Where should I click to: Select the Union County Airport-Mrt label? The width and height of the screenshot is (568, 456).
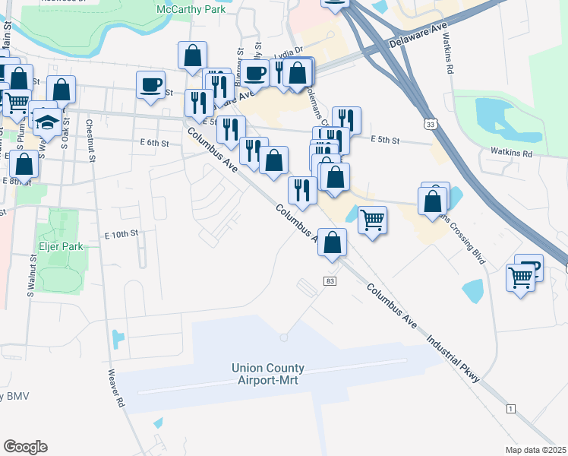(272, 374)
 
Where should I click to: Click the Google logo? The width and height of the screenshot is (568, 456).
(25, 447)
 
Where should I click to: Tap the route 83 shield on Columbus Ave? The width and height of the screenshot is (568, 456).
(330, 281)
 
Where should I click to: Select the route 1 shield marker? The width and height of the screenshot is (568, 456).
(510, 409)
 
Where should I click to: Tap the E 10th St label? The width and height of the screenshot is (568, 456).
(121, 233)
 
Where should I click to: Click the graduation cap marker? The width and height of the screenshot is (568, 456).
(47, 121)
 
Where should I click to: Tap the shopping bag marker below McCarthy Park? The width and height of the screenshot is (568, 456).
(192, 55)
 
